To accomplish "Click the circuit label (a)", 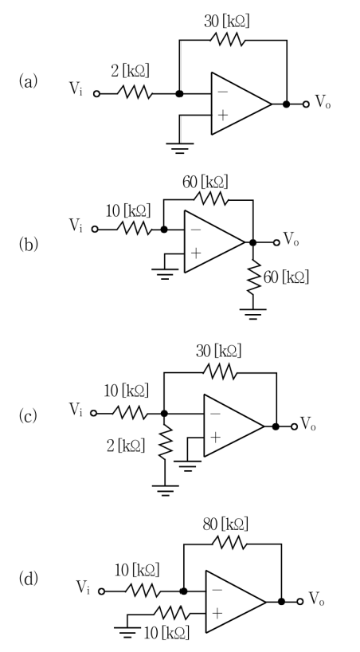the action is pyautogui.click(x=28, y=81).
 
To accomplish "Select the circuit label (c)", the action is pyautogui.click(x=28, y=415).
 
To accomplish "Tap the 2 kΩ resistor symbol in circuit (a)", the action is pyautogui.click(x=135, y=92).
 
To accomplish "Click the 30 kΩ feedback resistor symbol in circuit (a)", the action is pyautogui.click(x=227, y=40).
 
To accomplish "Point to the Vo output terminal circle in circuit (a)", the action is pyautogui.click(x=306, y=104).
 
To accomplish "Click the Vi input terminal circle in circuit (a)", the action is pyautogui.click(x=96, y=94).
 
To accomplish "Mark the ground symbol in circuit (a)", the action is pyautogui.click(x=179, y=148).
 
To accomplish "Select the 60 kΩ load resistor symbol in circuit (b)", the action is pyautogui.click(x=253, y=277).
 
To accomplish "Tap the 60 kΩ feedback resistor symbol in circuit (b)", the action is pyautogui.click(x=210, y=199).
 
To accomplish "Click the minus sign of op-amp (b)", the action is pyautogui.click(x=196, y=230).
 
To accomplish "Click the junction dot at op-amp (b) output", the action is pyautogui.click(x=252, y=242).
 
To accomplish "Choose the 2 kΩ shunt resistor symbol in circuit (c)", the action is pyautogui.click(x=165, y=442).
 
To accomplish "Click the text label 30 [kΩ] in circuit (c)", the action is pyautogui.click(x=219, y=352).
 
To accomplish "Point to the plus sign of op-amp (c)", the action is pyautogui.click(x=215, y=438).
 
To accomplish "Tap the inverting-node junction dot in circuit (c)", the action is pyautogui.click(x=164, y=414).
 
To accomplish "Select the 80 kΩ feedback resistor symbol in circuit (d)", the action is pyautogui.click(x=229, y=543).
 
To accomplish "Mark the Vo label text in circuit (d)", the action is pyautogui.click(x=317, y=599).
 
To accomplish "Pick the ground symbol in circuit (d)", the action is pyautogui.click(x=127, y=632).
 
